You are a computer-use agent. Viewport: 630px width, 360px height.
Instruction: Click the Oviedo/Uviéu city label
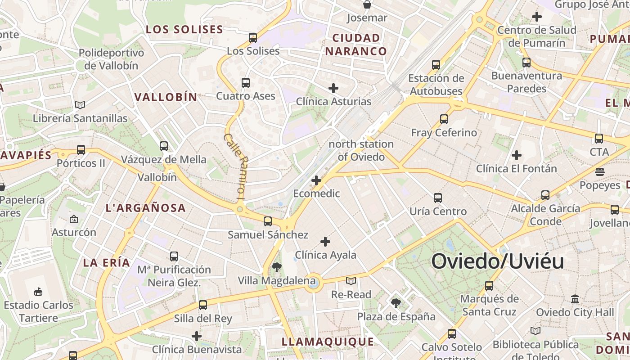[x=498, y=261]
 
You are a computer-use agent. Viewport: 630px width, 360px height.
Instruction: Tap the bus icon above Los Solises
[x=253, y=38]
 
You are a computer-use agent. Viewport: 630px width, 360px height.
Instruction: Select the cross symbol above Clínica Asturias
[x=333, y=88]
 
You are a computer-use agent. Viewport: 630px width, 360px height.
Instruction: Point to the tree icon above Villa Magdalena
[x=276, y=268]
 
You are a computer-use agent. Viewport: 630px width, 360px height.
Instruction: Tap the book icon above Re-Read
[x=351, y=281]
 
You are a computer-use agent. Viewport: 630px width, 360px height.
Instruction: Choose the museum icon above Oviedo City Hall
[x=575, y=299]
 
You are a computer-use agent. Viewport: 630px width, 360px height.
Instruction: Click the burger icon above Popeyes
[x=599, y=172]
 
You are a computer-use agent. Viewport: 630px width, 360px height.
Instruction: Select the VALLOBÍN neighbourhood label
[x=166, y=97]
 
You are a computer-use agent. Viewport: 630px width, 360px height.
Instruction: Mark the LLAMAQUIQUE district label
[x=328, y=342]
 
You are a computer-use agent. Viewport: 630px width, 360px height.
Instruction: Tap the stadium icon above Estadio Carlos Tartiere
[x=38, y=292]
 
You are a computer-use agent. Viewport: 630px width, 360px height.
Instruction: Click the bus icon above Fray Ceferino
[x=444, y=119]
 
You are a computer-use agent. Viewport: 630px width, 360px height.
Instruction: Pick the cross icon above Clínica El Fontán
[x=516, y=156]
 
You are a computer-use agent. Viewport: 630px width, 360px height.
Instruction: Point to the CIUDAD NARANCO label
[x=356, y=45]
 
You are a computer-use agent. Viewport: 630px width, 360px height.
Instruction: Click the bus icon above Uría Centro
[x=437, y=198]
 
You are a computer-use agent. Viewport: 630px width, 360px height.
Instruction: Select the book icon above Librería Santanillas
[x=80, y=105]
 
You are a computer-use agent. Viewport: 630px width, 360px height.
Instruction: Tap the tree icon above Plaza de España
[x=396, y=303]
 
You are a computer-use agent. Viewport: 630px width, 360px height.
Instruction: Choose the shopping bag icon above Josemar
[x=367, y=5]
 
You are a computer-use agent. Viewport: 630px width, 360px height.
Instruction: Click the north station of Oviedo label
[x=361, y=150]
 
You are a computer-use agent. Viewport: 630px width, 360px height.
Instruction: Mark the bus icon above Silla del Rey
[x=203, y=305]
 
